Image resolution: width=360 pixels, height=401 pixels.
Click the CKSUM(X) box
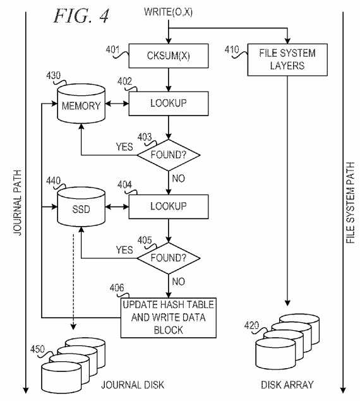pyautogui.click(x=169, y=56)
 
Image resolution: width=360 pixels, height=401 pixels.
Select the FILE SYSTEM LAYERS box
pyautogui.click(x=287, y=60)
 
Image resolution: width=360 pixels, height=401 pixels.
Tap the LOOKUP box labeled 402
pyautogui.click(x=169, y=104)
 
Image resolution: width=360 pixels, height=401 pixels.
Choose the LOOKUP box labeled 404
pyautogui.click(x=169, y=206)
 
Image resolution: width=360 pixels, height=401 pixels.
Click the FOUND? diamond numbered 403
pyautogui.click(x=169, y=155)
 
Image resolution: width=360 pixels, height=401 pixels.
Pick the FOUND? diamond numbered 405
pyautogui.click(x=169, y=258)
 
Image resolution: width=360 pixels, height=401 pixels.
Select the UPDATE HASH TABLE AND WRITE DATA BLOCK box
pyautogui.click(x=169, y=318)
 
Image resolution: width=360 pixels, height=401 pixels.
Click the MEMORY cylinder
pyautogui.click(x=81, y=104)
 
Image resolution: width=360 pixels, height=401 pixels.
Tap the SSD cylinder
pyautogui.click(x=81, y=207)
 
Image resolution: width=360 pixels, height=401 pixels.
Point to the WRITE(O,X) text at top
pyautogui.click(x=169, y=12)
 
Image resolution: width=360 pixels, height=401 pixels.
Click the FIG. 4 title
pyautogui.click(x=81, y=16)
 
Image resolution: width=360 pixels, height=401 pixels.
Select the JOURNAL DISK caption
pyautogui.click(x=133, y=385)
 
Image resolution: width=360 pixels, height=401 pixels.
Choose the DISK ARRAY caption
pyautogui.click(x=287, y=385)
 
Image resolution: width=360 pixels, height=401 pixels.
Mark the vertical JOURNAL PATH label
pyautogui.click(x=18, y=203)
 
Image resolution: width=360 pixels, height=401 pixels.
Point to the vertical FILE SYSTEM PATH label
pyautogui.click(x=351, y=203)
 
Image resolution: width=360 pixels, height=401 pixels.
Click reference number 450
pyautogui.click(x=37, y=349)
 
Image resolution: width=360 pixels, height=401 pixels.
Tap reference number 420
pyautogui.click(x=251, y=326)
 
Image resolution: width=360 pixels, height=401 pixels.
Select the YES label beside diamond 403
pyautogui.click(x=124, y=147)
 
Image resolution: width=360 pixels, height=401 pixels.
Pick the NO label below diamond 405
pyautogui.click(x=178, y=282)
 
